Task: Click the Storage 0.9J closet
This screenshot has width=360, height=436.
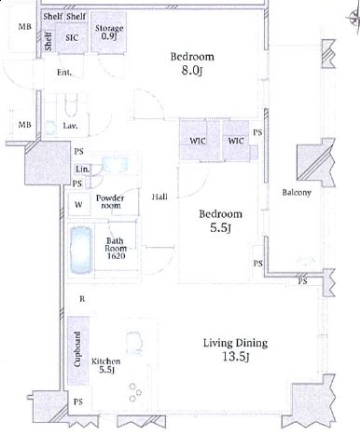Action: pyautogui.click(x=109, y=32)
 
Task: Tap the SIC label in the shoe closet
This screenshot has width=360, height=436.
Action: pyautogui.click(x=72, y=38)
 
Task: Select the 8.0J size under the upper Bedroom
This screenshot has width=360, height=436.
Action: pyautogui.click(x=192, y=71)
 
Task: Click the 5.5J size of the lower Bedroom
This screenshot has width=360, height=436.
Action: pyautogui.click(x=220, y=228)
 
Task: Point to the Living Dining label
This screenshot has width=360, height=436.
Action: pyautogui.click(x=235, y=343)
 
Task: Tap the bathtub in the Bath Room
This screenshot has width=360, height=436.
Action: pyautogui.click(x=81, y=250)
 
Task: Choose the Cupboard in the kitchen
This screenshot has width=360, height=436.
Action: pyautogui.click(x=78, y=351)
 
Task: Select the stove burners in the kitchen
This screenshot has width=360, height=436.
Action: pyautogui.click(x=135, y=392)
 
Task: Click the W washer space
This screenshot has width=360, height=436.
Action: pyautogui.click(x=78, y=204)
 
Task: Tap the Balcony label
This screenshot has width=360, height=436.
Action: pyautogui.click(x=297, y=193)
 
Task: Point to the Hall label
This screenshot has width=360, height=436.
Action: pyautogui.click(x=159, y=197)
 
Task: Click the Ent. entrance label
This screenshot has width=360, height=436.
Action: pyautogui.click(x=64, y=73)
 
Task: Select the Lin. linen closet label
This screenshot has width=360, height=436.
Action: pyautogui.click(x=82, y=170)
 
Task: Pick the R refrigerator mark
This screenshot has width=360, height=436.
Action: pyautogui.click(x=82, y=299)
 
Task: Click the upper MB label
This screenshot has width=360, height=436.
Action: pyautogui.click(x=24, y=27)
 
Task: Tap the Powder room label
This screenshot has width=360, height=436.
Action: pyautogui.click(x=110, y=201)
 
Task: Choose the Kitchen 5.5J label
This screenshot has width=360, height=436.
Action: pyautogui.click(x=105, y=365)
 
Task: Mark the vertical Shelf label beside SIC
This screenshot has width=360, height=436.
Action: pyautogui.click(x=48, y=42)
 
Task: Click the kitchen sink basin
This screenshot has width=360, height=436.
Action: pyautogui.click(x=134, y=343)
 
